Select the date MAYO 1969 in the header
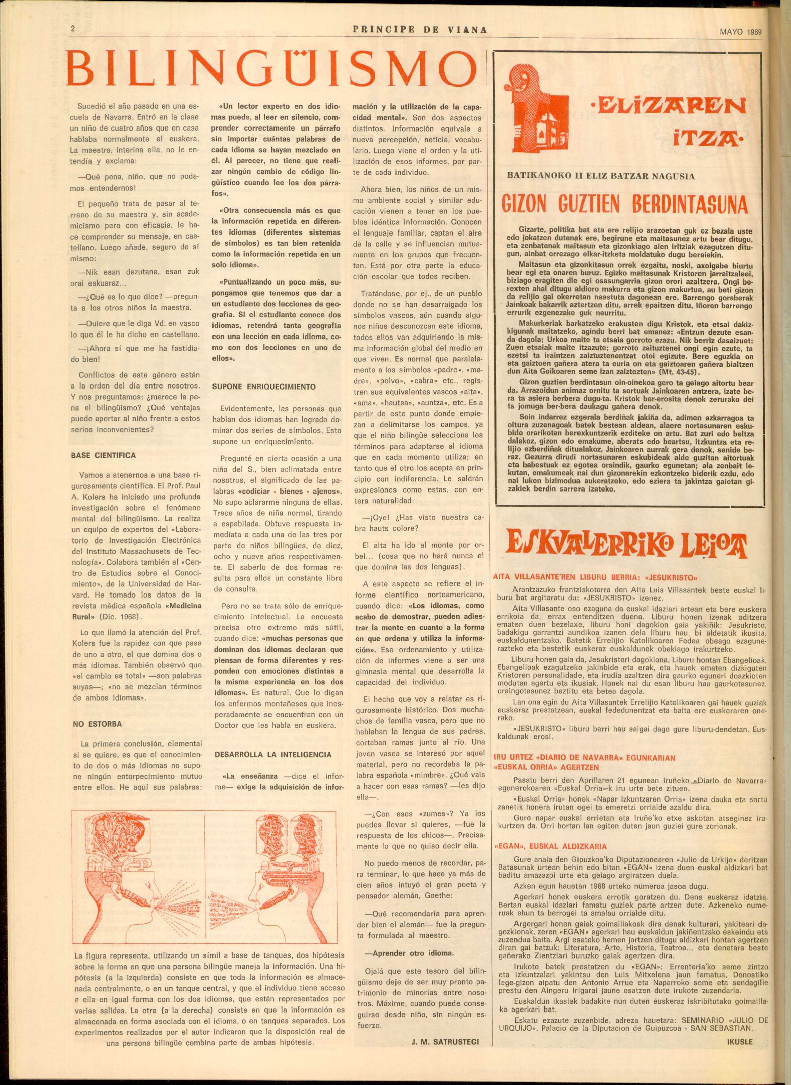tap(740, 32)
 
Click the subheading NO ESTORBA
tap(97, 724)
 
